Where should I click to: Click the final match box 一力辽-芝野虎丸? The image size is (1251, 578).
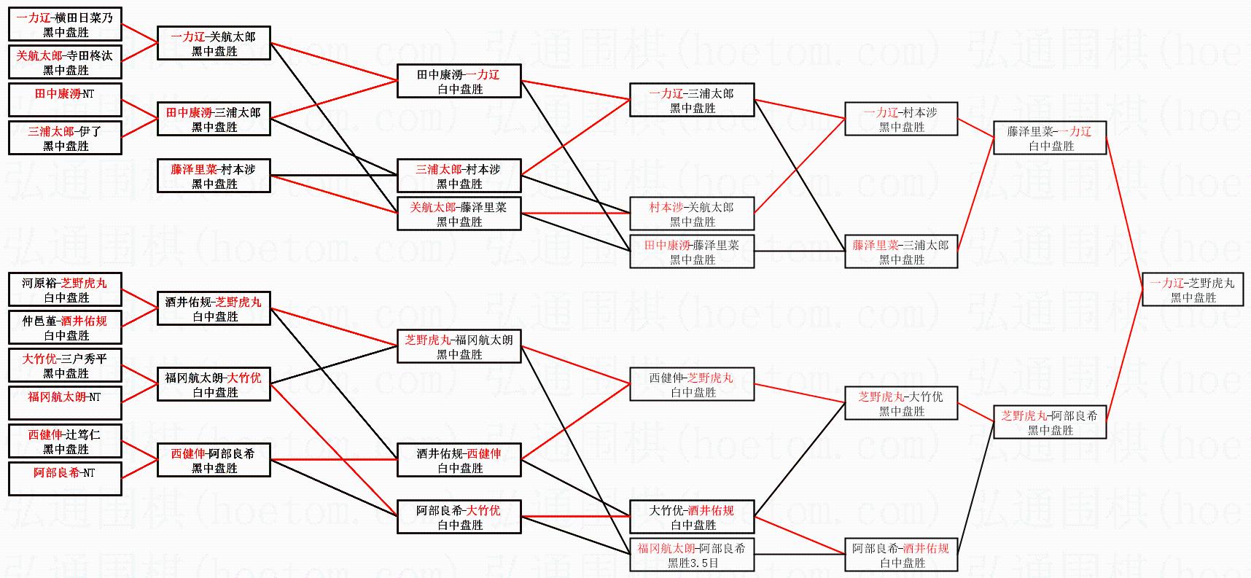tap(1193, 290)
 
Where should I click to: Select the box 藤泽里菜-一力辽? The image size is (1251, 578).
tap(1050, 138)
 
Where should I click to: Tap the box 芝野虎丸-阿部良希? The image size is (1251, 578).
tap(1050, 423)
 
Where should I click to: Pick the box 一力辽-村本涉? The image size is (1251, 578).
tap(901, 120)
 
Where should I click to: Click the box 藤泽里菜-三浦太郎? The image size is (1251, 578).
tap(901, 252)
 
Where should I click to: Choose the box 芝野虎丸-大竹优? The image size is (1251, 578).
tap(901, 404)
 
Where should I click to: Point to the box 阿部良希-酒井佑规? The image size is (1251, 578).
tap(901, 555)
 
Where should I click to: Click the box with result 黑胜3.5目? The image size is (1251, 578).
tap(692, 555)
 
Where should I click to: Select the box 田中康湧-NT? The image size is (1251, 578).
tap(65, 101)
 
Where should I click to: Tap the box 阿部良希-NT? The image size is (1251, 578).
tap(65, 480)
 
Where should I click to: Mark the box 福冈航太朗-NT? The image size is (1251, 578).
tap(65, 404)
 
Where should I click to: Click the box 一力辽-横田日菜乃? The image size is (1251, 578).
tap(65, 25)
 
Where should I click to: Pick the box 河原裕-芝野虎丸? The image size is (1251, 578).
tap(65, 290)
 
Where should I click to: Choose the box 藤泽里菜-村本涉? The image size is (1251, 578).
tap(214, 176)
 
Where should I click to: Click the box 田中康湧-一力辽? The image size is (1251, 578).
tap(459, 82)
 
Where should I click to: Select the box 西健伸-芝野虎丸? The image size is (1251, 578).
tap(692, 385)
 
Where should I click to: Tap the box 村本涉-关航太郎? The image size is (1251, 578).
tap(692, 214)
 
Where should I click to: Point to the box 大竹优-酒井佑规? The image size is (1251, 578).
tap(692, 518)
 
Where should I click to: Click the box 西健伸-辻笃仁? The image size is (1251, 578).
tap(65, 442)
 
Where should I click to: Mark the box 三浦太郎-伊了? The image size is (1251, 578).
tap(65, 138)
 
